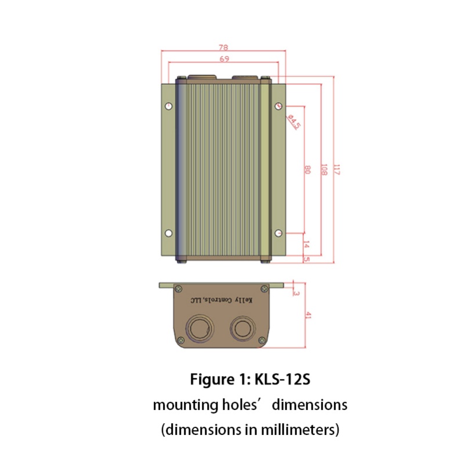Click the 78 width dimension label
[223, 48]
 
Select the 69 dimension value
[224, 59]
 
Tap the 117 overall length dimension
[337, 170]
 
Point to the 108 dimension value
[324, 169]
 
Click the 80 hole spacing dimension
[307, 170]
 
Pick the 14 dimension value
[307, 244]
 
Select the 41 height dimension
[308, 315]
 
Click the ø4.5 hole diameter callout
[294, 122]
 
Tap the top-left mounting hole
[169, 106]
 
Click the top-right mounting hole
[278, 106]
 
